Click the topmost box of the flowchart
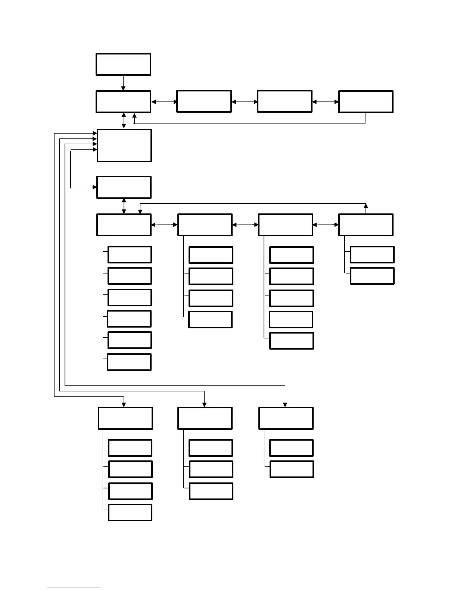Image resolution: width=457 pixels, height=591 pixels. click(123, 64)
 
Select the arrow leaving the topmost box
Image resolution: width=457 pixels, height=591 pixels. click(123, 83)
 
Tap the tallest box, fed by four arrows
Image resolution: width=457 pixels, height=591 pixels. click(124, 146)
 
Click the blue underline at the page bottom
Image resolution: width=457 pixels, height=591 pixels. click(74, 588)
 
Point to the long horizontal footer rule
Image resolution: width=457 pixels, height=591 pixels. click(228, 539)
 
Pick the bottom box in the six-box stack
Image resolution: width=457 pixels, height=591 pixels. click(129, 362)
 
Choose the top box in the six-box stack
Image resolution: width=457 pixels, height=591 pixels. click(130, 254)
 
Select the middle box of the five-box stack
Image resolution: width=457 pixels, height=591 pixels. click(291, 298)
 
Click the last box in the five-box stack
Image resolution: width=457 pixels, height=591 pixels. click(291, 341)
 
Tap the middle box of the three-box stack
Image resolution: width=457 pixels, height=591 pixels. click(211, 469)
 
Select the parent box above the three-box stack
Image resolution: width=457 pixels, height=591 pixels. click(205, 418)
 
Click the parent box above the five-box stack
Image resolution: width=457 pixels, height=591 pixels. click(286, 225)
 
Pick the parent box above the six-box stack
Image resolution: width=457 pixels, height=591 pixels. click(124, 225)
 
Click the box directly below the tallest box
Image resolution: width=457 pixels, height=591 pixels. click(124, 187)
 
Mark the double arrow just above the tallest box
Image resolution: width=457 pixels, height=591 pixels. click(124, 121)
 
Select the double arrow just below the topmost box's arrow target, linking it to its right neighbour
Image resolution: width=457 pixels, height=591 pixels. click(164, 101)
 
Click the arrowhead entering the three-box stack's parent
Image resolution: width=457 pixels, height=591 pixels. click(204, 404)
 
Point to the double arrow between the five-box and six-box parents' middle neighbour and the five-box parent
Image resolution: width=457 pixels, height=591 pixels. click(245, 225)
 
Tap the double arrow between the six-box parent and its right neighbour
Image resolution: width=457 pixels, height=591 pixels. click(164, 225)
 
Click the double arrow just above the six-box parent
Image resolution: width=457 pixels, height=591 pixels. click(124, 206)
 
